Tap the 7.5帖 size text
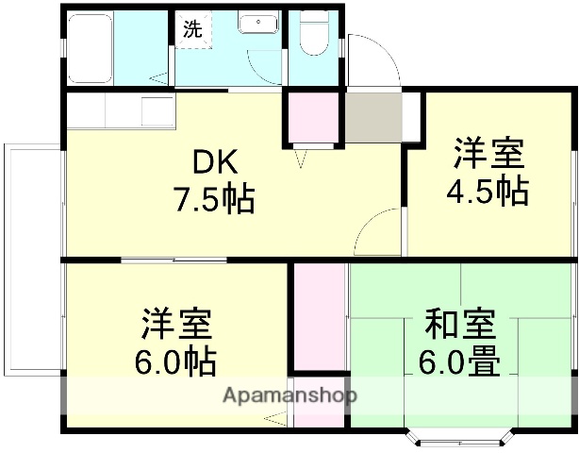click(214, 199)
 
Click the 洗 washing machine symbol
click(192, 29)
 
